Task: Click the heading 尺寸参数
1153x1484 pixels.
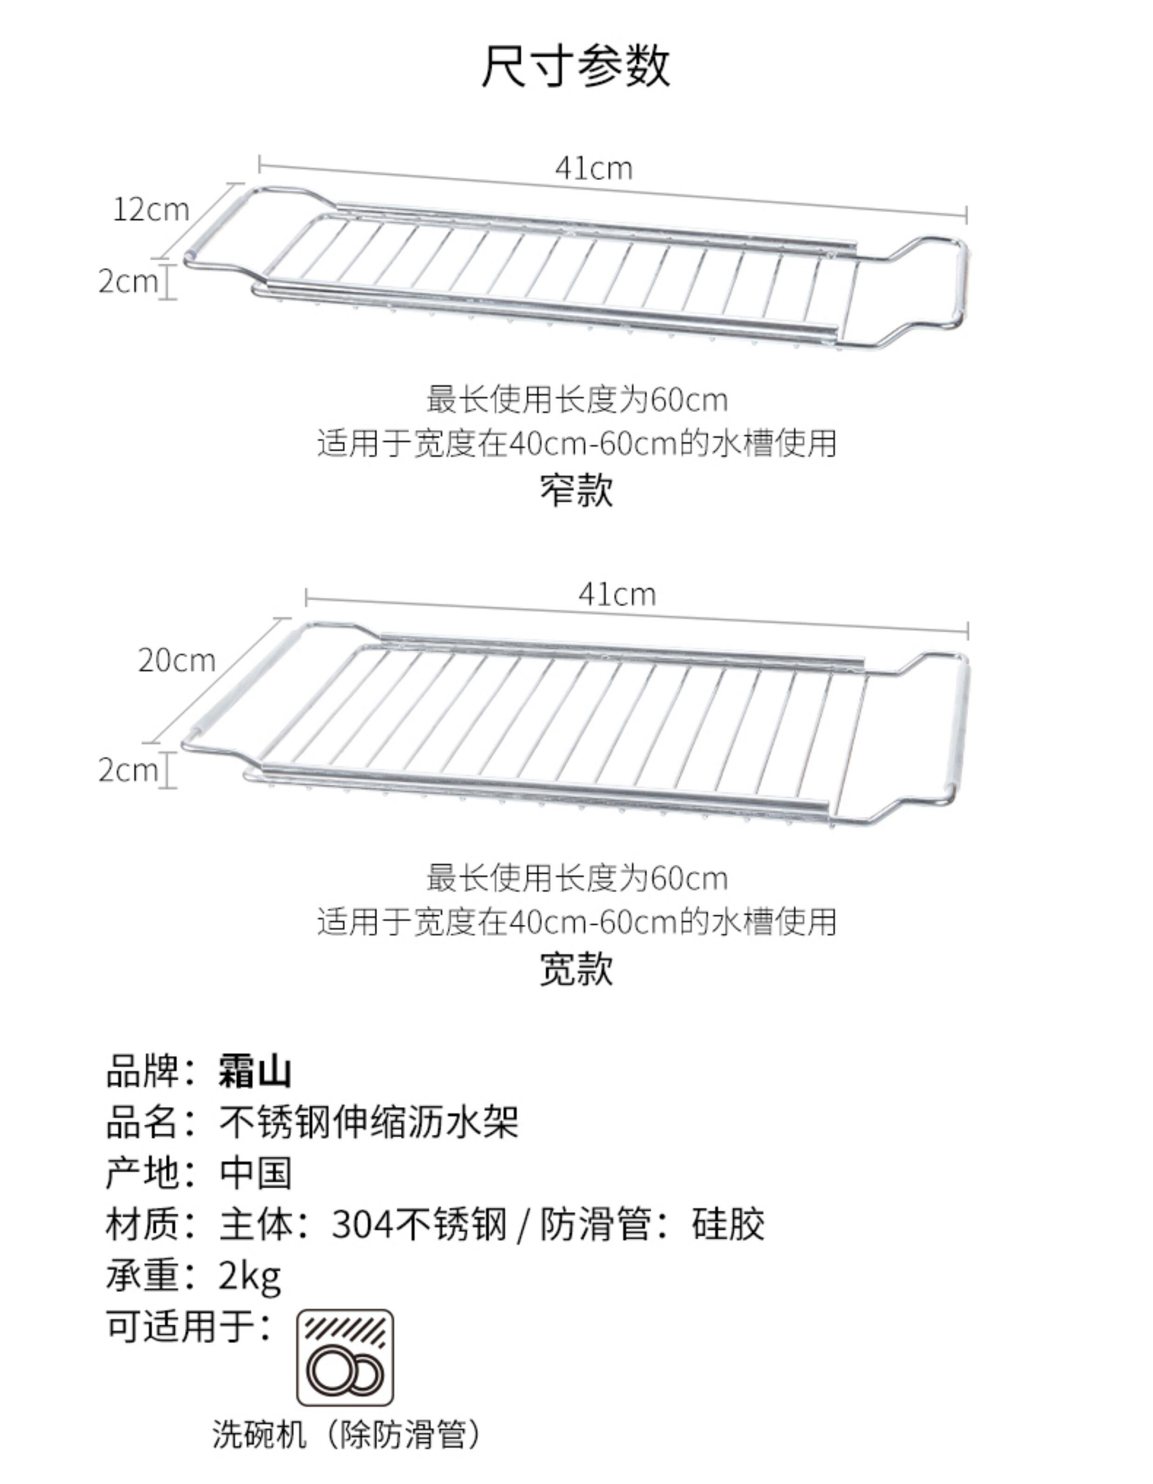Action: pos(576,66)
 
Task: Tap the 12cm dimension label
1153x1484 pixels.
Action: pos(150,210)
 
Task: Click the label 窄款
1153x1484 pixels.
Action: pos(576,490)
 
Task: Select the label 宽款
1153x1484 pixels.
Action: pos(576,969)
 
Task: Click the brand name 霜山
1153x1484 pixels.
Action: pos(255,1072)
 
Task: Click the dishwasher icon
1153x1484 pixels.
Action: pos(345,1358)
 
